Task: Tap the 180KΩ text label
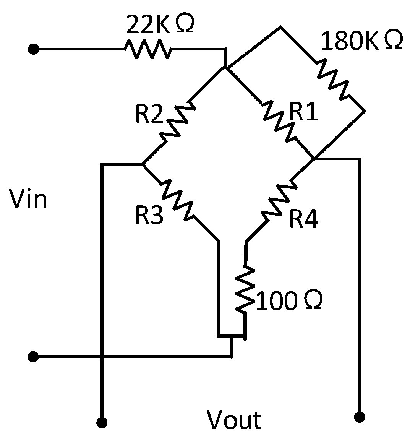coord(361,41)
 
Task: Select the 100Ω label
coord(288,301)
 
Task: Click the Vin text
coord(28,200)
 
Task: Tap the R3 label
coord(149,215)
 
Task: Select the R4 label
coord(303,219)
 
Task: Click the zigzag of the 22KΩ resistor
coord(148,49)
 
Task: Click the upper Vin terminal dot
coord(34,49)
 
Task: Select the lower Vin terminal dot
coord(33,357)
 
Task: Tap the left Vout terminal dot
coord(102,422)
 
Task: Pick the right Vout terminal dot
coord(359,416)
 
